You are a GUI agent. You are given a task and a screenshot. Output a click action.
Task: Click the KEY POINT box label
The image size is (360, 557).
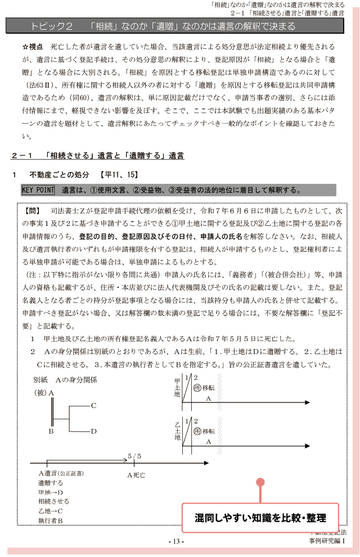pos(38,190)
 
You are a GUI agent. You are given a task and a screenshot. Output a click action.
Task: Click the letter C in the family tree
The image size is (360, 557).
pos(93,405)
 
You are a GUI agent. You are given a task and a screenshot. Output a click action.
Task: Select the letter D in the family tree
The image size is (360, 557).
pos(93,431)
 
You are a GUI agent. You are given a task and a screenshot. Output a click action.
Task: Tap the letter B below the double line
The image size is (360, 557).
pos(51,431)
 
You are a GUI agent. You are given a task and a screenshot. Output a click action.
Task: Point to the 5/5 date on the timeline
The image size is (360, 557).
pos(134,456)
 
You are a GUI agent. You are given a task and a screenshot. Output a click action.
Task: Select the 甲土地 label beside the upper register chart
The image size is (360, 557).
pos(177,388)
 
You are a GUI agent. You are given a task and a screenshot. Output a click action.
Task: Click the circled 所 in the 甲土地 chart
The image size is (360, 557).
pos(197,387)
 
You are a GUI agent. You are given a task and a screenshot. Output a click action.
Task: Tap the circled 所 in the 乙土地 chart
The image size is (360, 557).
pos(197,431)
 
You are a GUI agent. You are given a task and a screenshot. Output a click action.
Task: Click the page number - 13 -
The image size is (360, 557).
pos(176,541)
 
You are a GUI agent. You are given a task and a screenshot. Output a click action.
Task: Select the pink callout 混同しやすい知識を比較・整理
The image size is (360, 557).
pos(260,517)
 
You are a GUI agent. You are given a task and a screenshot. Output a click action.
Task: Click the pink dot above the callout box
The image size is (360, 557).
pos(260,482)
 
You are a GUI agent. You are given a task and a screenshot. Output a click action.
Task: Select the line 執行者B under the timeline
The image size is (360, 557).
pos(51,520)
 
